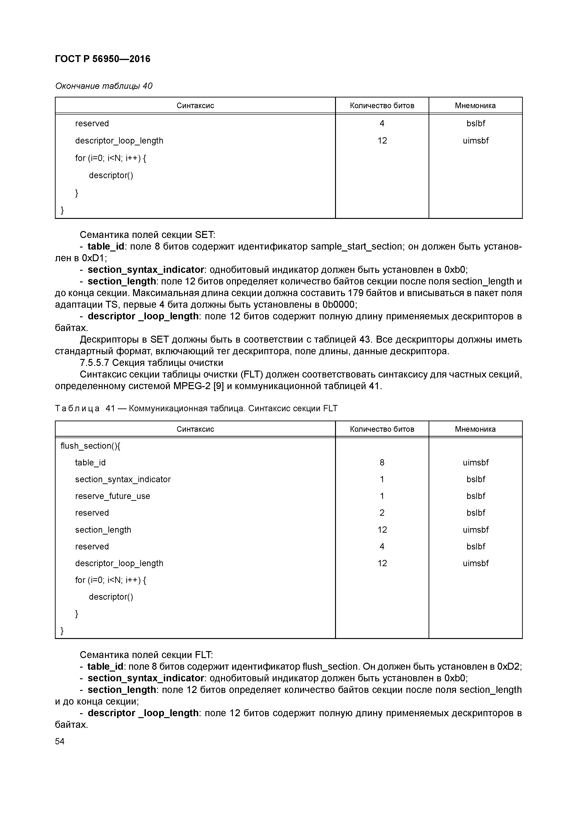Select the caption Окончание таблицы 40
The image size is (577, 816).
pyautogui.click(x=104, y=86)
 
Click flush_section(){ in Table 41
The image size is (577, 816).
pyautogui.click(x=90, y=446)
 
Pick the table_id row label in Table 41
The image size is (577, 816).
pyautogui.click(x=90, y=462)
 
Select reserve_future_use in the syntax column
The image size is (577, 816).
pyautogui.click(x=112, y=496)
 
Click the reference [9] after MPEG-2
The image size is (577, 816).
pyautogui.click(x=218, y=386)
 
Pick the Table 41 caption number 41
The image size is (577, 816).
pyautogui.click(x=110, y=409)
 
